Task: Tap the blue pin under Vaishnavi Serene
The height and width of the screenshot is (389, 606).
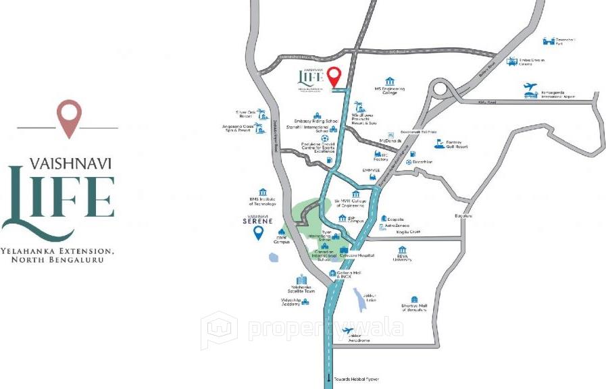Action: click(x=258, y=232)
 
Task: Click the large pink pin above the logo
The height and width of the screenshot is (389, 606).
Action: click(x=69, y=118)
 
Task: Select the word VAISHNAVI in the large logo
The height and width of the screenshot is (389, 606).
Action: click(x=71, y=163)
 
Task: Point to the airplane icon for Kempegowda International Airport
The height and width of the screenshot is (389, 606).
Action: click(x=531, y=89)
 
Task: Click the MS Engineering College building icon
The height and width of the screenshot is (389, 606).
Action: click(x=390, y=81)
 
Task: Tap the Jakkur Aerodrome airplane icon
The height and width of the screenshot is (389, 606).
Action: click(x=349, y=330)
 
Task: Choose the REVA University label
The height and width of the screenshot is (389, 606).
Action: click(x=403, y=259)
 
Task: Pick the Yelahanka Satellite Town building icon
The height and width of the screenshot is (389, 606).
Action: click(x=301, y=280)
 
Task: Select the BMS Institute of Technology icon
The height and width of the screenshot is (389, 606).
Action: click(x=263, y=192)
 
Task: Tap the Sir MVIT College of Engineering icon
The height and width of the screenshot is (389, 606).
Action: click(x=355, y=194)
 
